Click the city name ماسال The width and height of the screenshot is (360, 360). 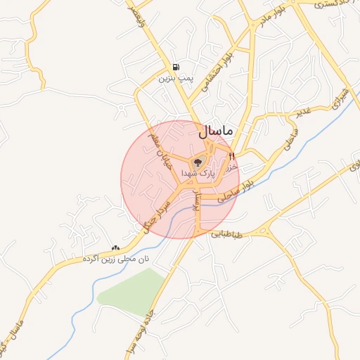219,131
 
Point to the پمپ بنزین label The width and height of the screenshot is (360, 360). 174,78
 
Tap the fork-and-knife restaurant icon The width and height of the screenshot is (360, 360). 231,155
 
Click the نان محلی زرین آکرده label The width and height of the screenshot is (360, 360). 116,259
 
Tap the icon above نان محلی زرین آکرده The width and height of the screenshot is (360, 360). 115,247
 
